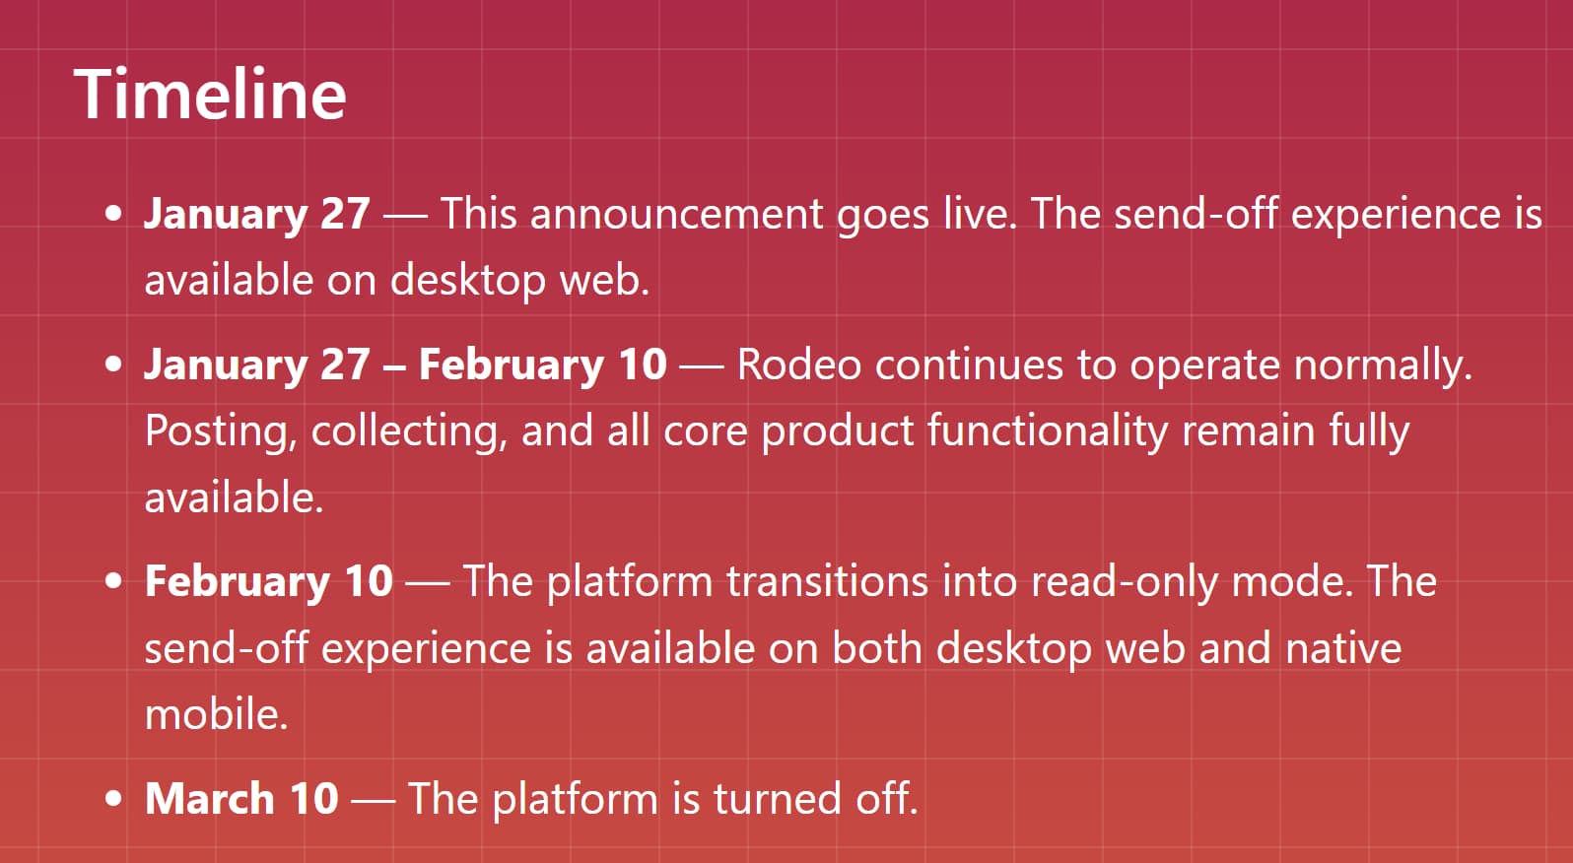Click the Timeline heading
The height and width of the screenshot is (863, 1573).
coord(210,95)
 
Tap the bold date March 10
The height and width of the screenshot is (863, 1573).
coord(241,798)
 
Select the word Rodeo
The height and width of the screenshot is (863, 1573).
coord(798,365)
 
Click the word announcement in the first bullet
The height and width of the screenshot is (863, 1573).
coord(676,214)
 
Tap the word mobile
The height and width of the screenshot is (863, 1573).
coord(216,714)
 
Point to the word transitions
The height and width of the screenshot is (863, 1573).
coord(827,581)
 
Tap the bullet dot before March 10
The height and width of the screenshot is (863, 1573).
coord(115,798)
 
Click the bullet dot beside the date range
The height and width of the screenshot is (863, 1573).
coord(115,365)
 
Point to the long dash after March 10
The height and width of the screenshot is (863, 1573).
coord(373,800)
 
